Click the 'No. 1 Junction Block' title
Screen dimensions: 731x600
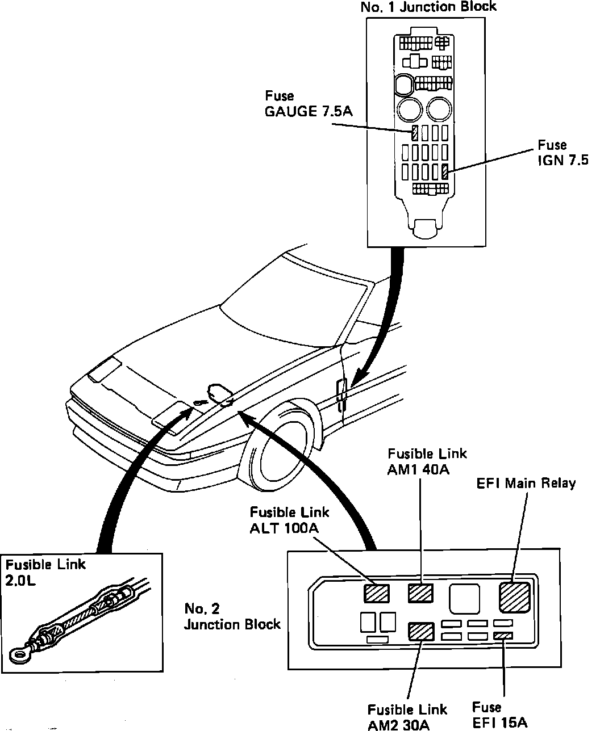[428, 7]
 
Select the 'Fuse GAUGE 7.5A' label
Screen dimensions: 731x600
[308, 103]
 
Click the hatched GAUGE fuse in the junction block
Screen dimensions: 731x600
[415, 133]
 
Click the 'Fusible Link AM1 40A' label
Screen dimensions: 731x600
[427, 461]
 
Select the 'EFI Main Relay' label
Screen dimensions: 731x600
[526, 483]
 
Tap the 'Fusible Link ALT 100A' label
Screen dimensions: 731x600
[289, 520]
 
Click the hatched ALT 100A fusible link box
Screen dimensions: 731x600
[377, 593]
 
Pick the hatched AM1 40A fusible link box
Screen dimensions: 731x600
[420, 592]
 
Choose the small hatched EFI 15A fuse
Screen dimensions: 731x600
[503, 636]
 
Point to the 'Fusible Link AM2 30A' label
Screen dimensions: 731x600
[407, 716]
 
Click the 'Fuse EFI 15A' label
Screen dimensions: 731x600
[500, 714]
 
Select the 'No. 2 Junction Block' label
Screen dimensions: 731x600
[232, 616]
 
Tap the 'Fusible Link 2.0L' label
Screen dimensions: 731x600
[45, 572]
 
